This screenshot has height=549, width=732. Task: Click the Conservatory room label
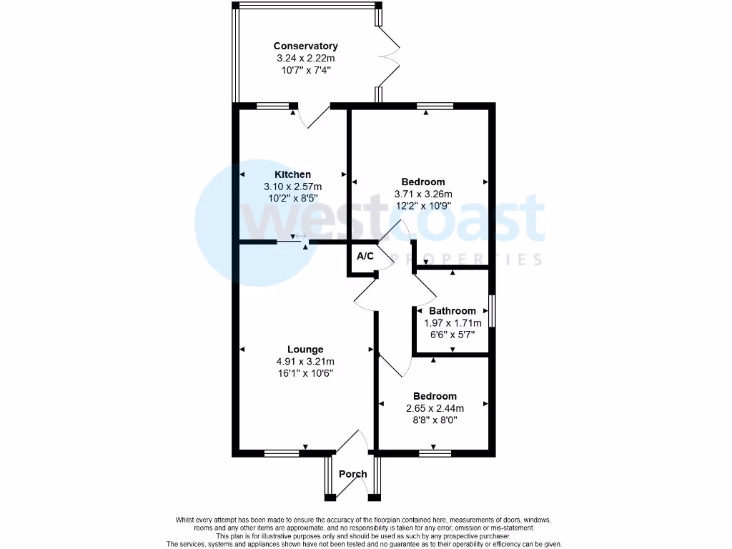tap(305, 46)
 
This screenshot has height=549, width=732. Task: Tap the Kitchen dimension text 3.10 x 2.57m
tap(292, 187)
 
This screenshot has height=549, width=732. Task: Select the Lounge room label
tap(305, 350)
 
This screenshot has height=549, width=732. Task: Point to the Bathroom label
tap(452, 311)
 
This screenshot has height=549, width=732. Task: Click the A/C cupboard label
tap(365, 256)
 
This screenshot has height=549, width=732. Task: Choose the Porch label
tap(352, 474)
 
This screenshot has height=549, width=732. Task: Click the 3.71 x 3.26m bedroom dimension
tap(422, 194)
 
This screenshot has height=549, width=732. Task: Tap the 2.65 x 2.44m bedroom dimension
tap(434, 408)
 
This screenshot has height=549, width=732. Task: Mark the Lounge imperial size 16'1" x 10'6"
tap(305, 373)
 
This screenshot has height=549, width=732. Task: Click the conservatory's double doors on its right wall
tap(390, 54)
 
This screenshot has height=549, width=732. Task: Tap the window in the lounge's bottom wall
tap(282, 452)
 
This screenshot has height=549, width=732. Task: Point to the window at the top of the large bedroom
tap(435, 107)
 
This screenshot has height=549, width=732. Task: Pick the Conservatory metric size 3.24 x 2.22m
tap(305, 59)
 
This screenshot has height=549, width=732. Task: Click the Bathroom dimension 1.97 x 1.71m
tap(452, 322)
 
